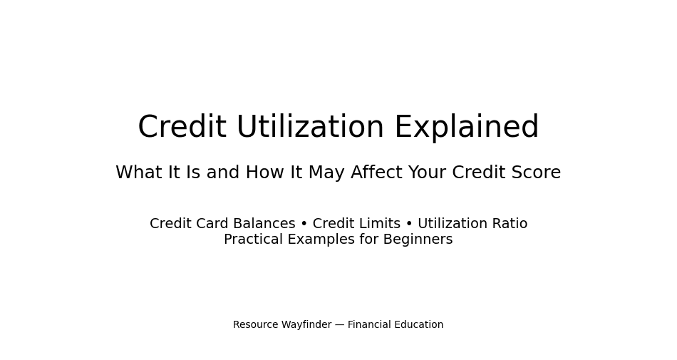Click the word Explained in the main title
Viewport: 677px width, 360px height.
coord(466,128)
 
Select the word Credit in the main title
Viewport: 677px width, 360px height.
coord(182,128)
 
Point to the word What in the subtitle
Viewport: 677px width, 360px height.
coord(139,173)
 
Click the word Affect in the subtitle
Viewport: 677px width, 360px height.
coord(376,173)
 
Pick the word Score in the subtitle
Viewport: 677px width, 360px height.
coord(536,173)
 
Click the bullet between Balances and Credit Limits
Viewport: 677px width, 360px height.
coord(304,224)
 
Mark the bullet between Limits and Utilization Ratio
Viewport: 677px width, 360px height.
coord(409,224)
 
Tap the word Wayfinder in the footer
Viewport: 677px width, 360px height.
coord(306,325)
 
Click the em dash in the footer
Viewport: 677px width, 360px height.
coord(339,325)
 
